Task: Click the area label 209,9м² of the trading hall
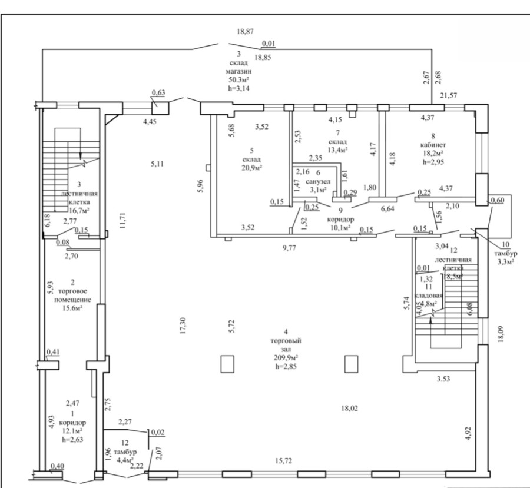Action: tap(286, 357)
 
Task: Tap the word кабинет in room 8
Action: tap(433, 145)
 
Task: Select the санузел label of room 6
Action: tap(318, 181)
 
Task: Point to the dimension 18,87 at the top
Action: tap(246, 31)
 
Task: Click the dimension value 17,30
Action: tap(183, 326)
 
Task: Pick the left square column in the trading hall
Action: tap(227, 364)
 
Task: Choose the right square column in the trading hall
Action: tap(351, 364)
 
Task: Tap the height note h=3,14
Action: tap(239, 88)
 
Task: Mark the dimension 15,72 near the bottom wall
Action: tap(284, 460)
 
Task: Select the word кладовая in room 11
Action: tap(428, 295)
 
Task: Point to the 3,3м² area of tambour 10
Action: tap(506, 262)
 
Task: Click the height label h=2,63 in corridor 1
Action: tap(72, 440)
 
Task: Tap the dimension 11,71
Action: tap(122, 220)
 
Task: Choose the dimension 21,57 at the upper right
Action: tap(449, 95)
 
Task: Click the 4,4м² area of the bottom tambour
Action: tap(125, 460)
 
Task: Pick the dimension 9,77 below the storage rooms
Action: tap(289, 248)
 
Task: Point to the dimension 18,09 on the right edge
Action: tap(501, 334)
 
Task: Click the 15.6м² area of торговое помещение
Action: tap(72, 308)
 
